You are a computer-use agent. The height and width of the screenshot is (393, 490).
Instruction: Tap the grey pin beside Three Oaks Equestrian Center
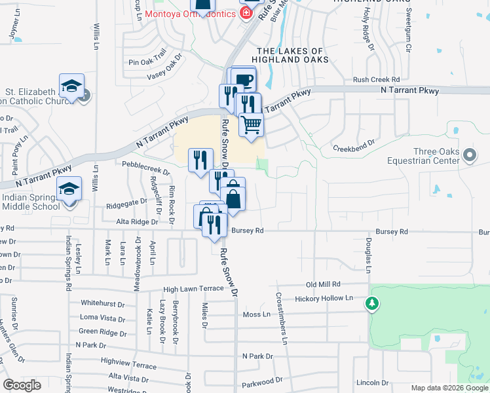(469, 156)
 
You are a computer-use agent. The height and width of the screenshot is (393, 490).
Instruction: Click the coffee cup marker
(244, 79)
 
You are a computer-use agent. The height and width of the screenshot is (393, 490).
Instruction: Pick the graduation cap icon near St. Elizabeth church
(71, 86)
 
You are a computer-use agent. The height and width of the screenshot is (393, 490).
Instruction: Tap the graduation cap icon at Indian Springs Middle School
(69, 189)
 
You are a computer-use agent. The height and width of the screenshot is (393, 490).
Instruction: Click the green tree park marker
(372, 303)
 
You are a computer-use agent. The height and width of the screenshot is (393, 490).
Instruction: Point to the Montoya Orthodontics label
(190, 14)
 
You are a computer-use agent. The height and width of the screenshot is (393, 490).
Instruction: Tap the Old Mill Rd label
(324, 284)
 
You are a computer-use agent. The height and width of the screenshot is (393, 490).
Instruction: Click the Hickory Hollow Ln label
(324, 298)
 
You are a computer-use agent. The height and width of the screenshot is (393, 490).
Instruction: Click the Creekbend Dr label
(352, 141)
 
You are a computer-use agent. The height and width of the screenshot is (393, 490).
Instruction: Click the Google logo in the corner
(22, 385)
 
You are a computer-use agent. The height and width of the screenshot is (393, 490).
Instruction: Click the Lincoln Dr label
(373, 383)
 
